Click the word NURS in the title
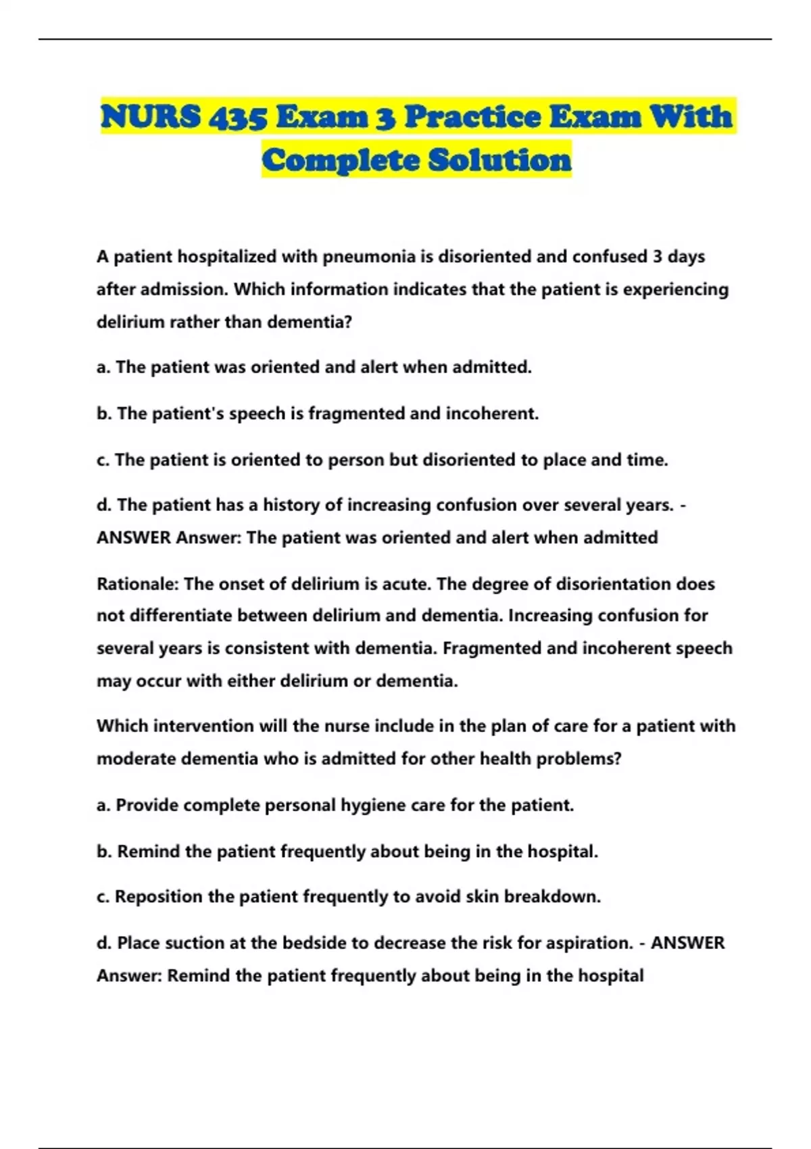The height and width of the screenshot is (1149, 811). coord(150,116)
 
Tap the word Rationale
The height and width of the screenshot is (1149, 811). coord(138,583)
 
